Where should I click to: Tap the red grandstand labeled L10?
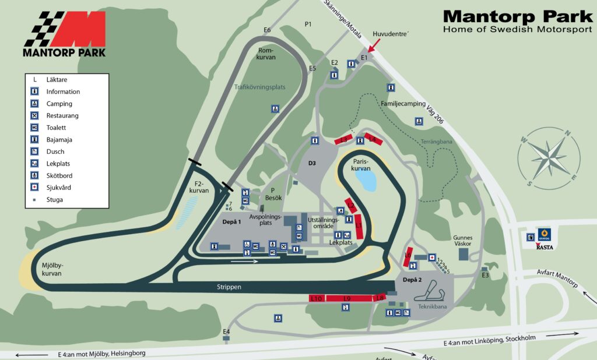click(316, 298)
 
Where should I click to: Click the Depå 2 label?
click(412, 280)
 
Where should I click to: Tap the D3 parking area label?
click(312, 163)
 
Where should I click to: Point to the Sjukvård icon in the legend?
click(35, 188)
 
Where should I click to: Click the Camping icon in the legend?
click(35, 104)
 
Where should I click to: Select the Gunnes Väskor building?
click(464, 255)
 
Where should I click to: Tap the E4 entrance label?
click(226, 332)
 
